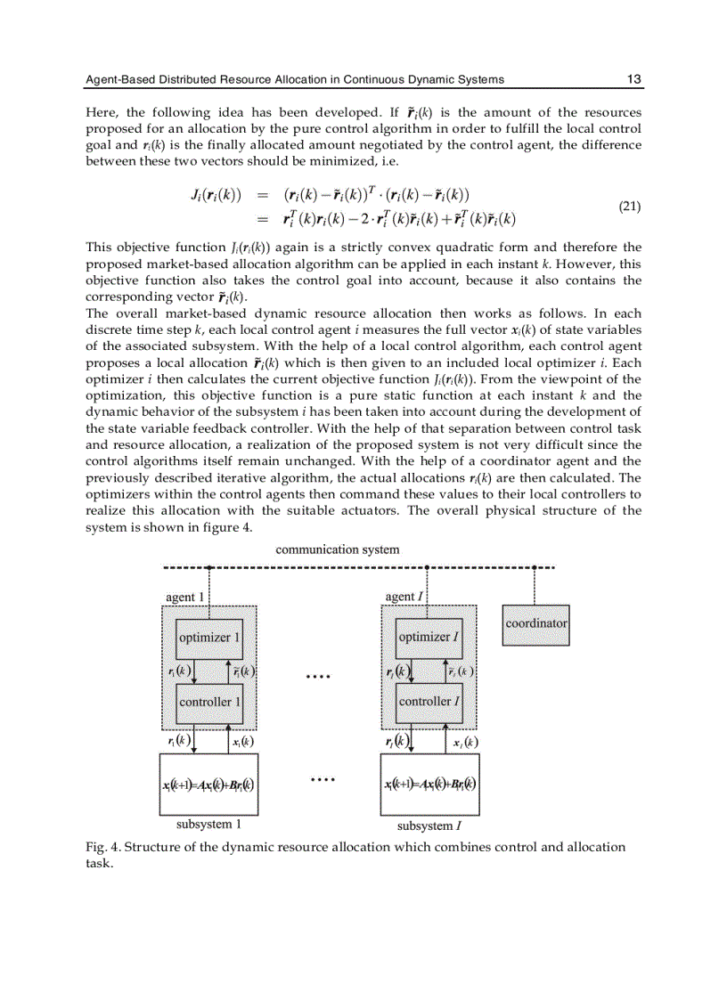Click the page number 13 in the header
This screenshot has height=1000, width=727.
point(633,79)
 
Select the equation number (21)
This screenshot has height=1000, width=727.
point(629,206)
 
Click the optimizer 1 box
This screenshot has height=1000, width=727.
point(209,638)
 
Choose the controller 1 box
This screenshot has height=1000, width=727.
point(209,702)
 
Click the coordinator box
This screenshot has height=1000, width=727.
point(535,624)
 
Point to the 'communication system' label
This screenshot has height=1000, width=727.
point(338,550)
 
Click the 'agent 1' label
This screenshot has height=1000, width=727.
point(185,597)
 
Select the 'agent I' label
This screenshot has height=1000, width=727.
point(403,597)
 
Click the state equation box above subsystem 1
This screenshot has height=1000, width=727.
point(208,785)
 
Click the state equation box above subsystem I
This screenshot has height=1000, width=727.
point(430,785)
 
